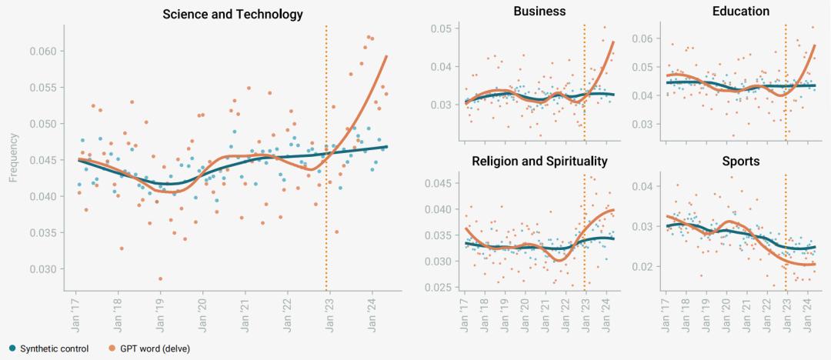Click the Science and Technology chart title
click(x=232, y=15)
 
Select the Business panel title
click(x=539, y=12)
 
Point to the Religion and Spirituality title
click(x=539, y=162)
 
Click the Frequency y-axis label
click(x=13, y=158)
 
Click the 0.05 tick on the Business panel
click(x=440, y=29)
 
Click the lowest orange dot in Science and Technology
click(x=160, y=278)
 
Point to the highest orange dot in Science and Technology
click(x=369, y=37)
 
